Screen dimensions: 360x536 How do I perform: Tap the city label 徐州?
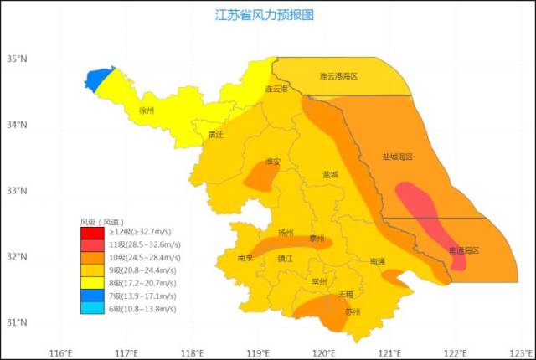147,110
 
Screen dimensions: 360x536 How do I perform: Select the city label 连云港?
276,88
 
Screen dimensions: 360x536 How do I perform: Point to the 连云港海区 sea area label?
338,76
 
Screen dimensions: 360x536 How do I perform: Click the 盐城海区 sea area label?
398,157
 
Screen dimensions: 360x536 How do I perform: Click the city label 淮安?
272,162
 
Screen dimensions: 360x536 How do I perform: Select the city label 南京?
245,258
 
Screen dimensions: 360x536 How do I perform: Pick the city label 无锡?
345,295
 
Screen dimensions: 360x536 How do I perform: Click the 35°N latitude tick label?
17,59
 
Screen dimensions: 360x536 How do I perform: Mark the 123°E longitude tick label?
521,352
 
